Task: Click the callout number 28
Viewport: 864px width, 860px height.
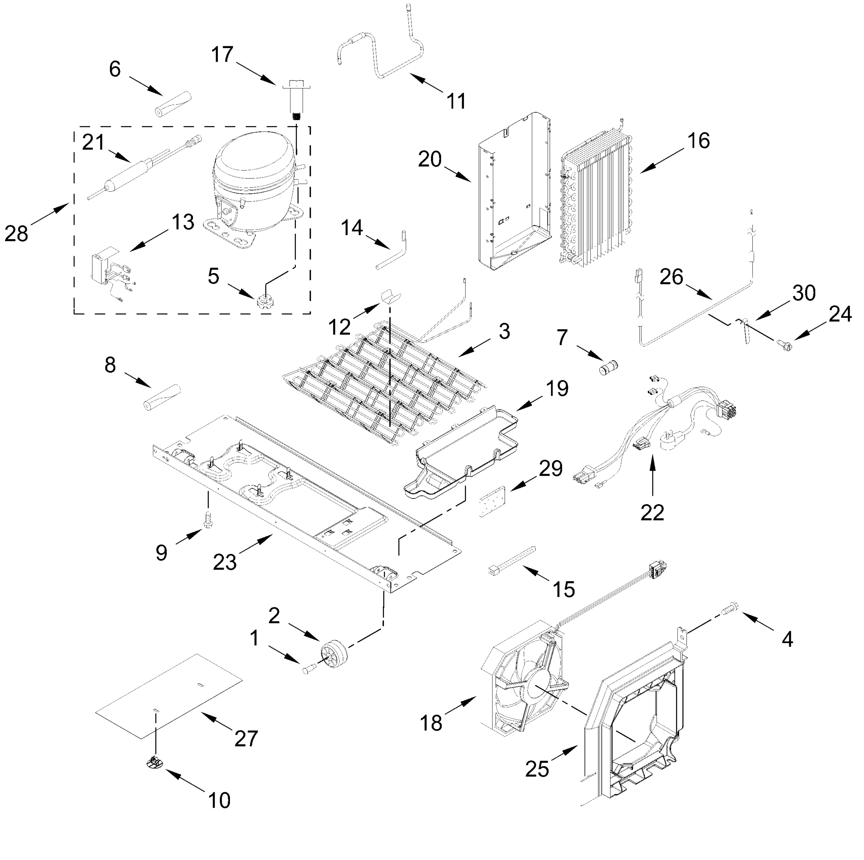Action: [x=16, y=234]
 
